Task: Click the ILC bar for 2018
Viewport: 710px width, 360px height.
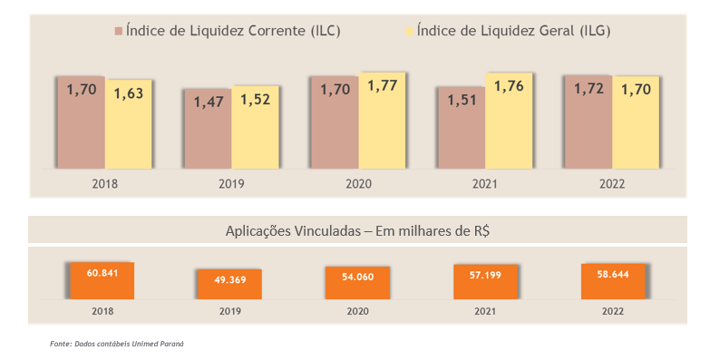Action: click(82, 122)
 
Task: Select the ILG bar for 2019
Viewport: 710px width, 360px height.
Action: click(255, 127)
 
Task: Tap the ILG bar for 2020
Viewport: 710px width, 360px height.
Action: click(382, 121)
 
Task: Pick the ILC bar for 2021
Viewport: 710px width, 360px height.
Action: click(462, 128)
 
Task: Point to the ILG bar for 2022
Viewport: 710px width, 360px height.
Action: click(636, 122)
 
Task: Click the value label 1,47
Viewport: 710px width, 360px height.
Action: click(209, 102)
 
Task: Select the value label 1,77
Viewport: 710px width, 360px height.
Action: click(382, 85)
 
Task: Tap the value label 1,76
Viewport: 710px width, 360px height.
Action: click(509, 86)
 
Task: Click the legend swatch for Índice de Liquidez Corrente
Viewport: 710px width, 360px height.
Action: click(119, 31)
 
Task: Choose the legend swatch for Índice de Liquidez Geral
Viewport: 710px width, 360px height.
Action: click(410, 31)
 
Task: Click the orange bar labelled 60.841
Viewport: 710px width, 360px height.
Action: click(102, 281)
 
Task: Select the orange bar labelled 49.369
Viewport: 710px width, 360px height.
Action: click(229, 285)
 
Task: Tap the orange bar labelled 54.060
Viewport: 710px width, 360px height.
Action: click(357, 283)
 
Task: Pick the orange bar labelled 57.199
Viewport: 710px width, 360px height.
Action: click(485, 282)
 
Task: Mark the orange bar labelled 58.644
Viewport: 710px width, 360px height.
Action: click(613, 282)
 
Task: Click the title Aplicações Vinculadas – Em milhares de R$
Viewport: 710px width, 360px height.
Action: click(357, 231)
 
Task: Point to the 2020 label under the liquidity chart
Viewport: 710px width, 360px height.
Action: click(358, 184)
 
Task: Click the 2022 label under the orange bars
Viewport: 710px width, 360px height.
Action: click(613, 312)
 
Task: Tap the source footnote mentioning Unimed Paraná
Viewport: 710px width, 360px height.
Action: click(117, 345)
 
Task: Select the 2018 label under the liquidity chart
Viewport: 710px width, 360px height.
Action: click(104, 184)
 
